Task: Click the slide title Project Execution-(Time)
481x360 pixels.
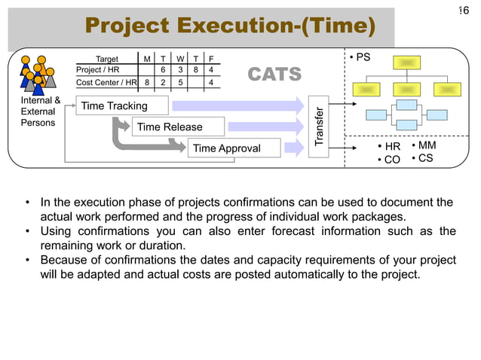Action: [229, 26]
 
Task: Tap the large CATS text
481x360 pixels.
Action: [274, 75]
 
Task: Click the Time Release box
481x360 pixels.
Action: [169, 127]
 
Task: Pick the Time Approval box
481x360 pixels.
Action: [226, 148]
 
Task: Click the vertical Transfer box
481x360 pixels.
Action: [320, 127]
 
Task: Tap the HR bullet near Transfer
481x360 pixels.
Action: [388, 146]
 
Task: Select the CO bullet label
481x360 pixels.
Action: [388, 160]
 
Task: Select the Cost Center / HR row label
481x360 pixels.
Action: [107, 82]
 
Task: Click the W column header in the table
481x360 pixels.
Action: [179, 58]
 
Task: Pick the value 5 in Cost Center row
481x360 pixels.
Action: [179, 82]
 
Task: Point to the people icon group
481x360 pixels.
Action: [38, 74]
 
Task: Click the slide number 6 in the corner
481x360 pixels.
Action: [464, 10]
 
